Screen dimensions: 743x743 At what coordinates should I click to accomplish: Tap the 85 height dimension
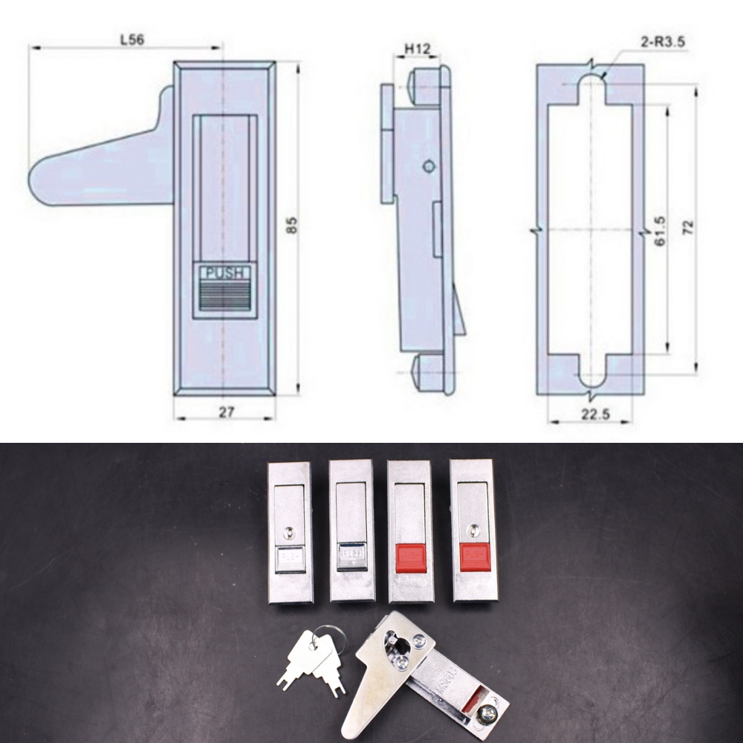coord(291,226)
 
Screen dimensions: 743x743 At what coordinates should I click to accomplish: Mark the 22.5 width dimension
coord(594,415)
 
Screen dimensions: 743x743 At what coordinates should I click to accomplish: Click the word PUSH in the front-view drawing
coord(224,273)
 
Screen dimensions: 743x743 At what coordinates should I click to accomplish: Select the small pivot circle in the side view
coord(428,166)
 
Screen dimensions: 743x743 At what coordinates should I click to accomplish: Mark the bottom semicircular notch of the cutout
coord(592,382)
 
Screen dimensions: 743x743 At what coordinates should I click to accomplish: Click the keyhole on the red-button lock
coord(473,531)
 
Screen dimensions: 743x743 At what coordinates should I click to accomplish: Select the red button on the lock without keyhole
coord(410,558)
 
